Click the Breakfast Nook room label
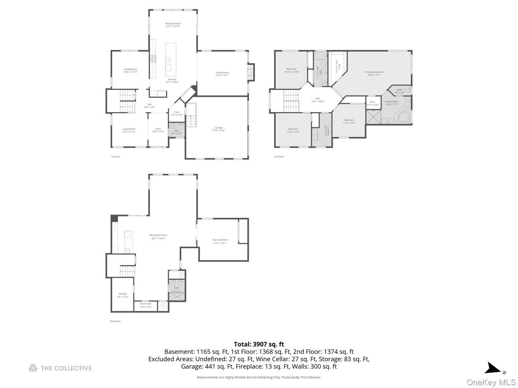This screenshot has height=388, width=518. (x=173, y=24)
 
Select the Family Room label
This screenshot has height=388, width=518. (x=222, y=73)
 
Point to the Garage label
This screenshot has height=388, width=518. (x=219, y=128)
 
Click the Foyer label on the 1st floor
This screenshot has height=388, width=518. (x=158, y=129)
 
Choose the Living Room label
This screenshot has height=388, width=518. (x=129, y=129)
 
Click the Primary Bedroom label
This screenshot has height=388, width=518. (x=374, y=72)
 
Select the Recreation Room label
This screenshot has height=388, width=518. (x=158, y=235)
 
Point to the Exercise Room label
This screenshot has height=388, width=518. (x=220, y=240)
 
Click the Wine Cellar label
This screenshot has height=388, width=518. (x=146, y=304)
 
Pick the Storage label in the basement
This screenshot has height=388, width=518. (x=122, y=294)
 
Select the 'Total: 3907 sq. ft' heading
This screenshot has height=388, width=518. (x=259, y=344)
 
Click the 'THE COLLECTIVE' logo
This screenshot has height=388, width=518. (x=60, y=368)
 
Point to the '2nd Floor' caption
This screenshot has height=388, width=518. (x=279, y=157)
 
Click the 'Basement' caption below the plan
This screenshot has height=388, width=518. (x=115, y=321)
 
